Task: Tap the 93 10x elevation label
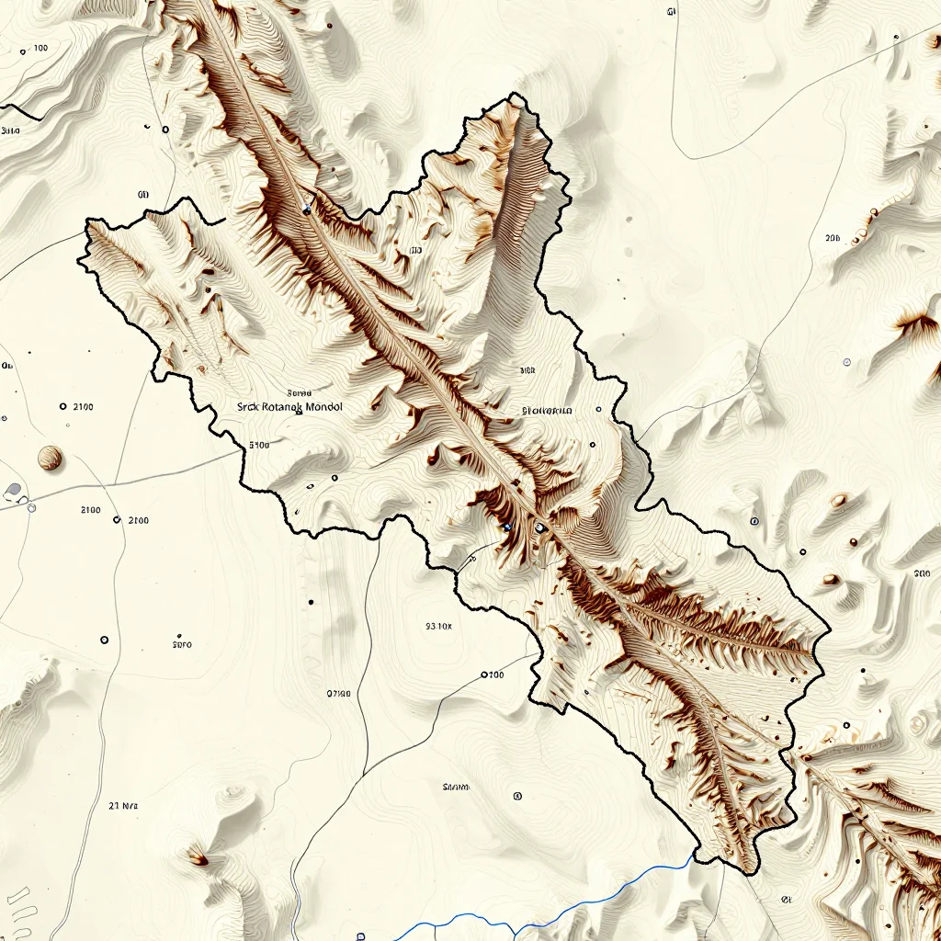pyautogui.click(x=439, y=627)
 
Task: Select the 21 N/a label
pyautogui.click(x=123, y=806)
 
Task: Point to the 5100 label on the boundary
pyautogui.click(x=259, y=445)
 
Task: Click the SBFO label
pyautogui.click(x=182, y=644)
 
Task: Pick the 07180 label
pyautogui.click(x=339, y=694)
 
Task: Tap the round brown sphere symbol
pyautogui.click(x=50, y=457)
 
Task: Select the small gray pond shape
pyautogui.click(x=13, y=490)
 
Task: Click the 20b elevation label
pyautogui.click(x=833, y=238)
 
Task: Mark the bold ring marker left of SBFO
pyautogui.click(x=104, y=640)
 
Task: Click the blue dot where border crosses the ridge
pyautogui.click(x=306, y=210)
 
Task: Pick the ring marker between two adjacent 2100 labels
pyautogui.click(x=117, y=520)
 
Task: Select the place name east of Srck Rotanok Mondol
pyautogui.click(x=547, y=411)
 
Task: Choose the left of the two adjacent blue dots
pyautogui.click(x=506, y=527)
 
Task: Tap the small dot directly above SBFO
pyautogui.click(x=177, y=634)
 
